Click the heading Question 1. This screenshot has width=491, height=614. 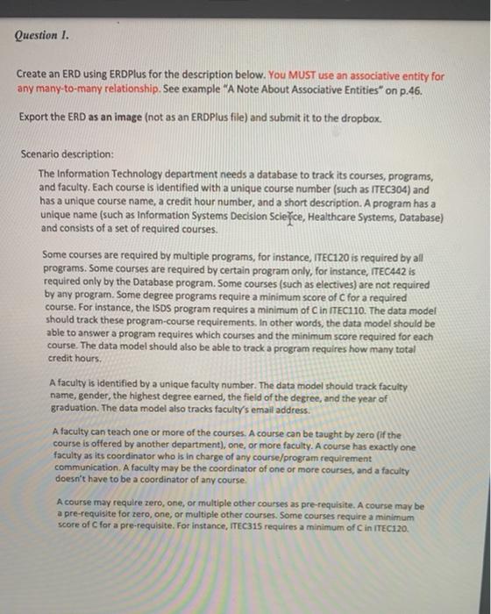[41, 37]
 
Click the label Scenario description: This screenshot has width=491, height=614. [68, 153]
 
